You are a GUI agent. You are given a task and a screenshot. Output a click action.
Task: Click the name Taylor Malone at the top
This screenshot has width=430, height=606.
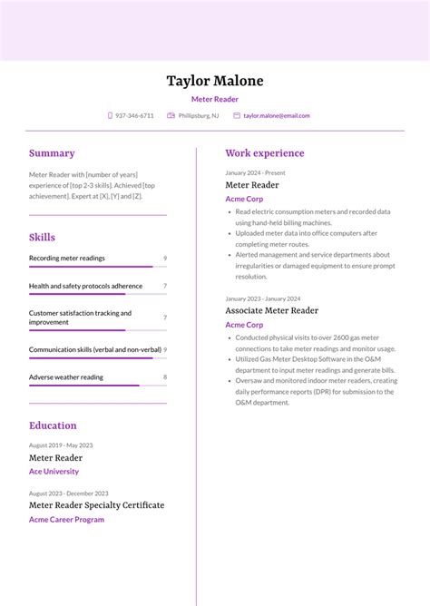click(x=215, y=81)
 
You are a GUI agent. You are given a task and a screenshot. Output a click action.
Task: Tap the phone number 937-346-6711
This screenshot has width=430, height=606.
click(x=134, y=116)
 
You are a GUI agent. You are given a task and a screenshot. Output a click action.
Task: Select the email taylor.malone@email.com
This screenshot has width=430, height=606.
click(x=277, y=116)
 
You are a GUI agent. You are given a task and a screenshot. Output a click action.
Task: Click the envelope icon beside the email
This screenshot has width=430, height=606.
click(x=237, y=116)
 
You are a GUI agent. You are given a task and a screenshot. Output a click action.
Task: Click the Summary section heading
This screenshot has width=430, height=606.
click(x=52, y=153)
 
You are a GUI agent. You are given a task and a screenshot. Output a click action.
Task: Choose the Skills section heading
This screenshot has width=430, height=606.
click(x=42, y=237)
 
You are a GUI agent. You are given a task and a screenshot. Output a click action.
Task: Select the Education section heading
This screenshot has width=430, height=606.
click(x=53, y=425)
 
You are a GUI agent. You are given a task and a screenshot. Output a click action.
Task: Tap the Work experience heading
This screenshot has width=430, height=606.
click(x=265, y=153)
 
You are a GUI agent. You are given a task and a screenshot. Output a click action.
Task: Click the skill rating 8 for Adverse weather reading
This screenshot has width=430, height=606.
click(x=164, y=376)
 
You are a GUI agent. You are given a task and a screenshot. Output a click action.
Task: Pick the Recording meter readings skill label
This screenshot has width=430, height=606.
click(x=67, y=259)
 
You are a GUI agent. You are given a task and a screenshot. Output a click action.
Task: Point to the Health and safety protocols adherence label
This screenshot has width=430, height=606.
click(x=85, y=286)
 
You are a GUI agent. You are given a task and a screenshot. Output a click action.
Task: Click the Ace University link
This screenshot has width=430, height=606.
click(x=54, y=472)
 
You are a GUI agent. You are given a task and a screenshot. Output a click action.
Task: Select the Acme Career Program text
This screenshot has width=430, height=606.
click(x=66, y=520)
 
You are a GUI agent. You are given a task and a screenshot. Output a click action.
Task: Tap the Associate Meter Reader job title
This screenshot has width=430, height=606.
click(x=272, y=310)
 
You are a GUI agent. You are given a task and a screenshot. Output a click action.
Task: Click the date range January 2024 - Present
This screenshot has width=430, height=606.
click(x=255, y=172)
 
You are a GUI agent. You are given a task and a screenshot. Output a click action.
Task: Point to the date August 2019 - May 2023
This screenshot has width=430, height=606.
click(x=61, y=445)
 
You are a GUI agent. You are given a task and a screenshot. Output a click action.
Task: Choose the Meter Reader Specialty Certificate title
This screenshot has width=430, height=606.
click(x=96, y=505)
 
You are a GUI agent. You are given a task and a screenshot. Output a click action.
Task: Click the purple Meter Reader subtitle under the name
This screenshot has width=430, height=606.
click(x=215, y=99)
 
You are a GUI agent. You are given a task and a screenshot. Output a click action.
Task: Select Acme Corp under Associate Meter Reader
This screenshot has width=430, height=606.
click(x=244, y=325)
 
